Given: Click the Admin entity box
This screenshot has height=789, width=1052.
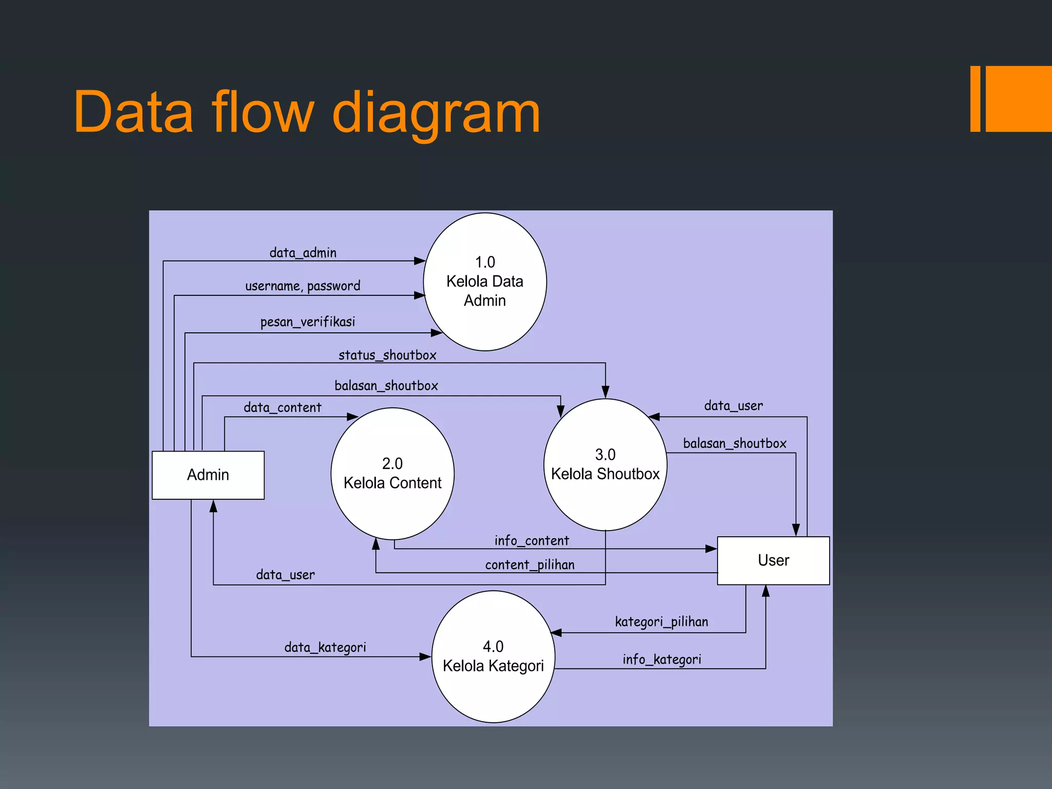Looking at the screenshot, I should click(208, 475).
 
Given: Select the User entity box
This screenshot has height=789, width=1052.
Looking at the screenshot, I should click(773, 560).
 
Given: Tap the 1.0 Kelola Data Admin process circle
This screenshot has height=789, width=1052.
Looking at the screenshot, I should click(484, 281).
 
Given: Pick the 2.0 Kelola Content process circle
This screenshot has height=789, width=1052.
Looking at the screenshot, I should click(392, 474).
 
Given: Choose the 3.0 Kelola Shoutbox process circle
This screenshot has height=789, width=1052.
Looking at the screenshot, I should click(605, 465).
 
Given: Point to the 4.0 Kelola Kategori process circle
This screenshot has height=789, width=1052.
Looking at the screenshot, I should click(493, 656).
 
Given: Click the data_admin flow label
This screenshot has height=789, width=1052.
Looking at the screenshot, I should click(303, 253).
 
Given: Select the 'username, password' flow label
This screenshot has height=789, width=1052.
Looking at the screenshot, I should click(303, 286).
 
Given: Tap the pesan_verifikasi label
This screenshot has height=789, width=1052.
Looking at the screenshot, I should click(307, 322).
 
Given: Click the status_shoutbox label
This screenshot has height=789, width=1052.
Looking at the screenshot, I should click(387, 355).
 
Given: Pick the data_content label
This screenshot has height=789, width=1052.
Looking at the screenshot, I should click(283, 407).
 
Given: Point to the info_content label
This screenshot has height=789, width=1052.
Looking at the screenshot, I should click(532, 540).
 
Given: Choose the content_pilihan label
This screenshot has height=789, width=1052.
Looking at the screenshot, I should click(530, 565).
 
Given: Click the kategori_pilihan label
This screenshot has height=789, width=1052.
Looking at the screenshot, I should click(662, 622).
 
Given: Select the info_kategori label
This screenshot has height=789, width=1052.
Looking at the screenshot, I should click(662, 659).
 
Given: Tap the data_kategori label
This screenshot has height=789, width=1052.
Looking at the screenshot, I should click(325, 647).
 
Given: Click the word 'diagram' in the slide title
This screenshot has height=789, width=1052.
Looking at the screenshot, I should click(436, 112).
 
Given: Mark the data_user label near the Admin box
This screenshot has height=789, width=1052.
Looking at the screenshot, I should click(285, 575).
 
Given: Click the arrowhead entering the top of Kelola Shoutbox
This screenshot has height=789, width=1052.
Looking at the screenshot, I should click(606, 392).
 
